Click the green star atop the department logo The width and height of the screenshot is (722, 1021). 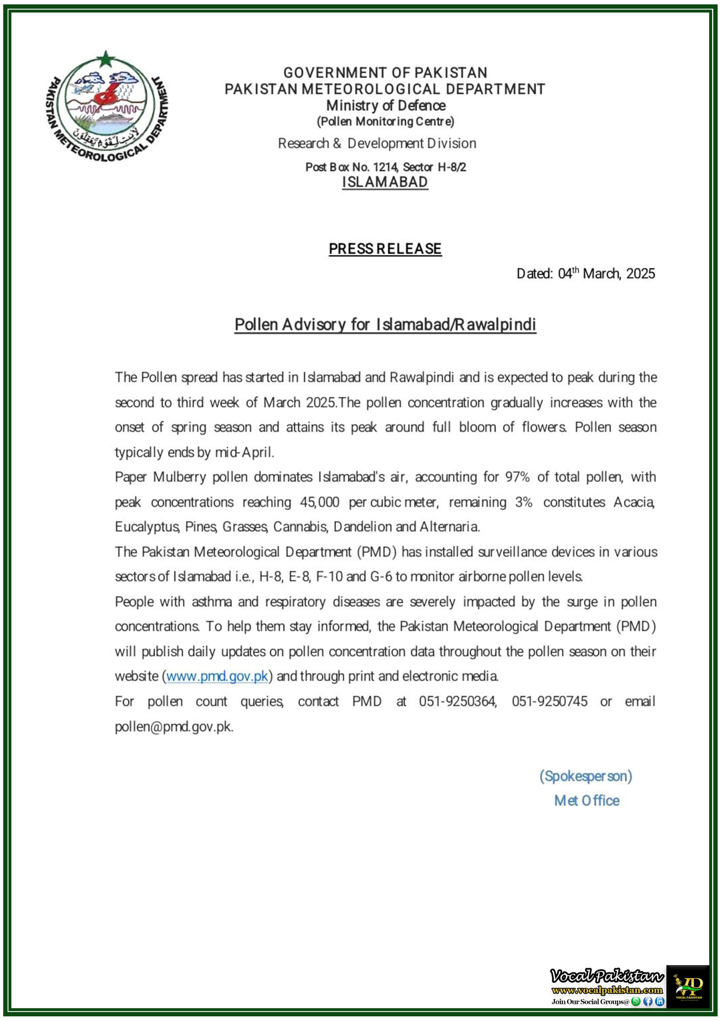[106, 59]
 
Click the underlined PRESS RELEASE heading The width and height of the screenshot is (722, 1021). [385, 248]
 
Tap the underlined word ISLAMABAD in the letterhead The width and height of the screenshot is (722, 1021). [385, 182]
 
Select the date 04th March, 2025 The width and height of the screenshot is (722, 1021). [606, 274]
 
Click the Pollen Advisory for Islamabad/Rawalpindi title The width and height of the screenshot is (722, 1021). [385, 325]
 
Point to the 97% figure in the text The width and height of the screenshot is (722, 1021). [517, 477]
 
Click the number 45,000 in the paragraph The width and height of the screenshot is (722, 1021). [319, 502]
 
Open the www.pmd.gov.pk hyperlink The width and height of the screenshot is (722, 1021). [217, 676]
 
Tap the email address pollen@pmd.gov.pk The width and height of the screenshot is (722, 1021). [174, 727]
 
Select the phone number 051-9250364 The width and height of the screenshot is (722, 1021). [457, 702]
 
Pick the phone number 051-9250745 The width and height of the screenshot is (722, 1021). [549, 702]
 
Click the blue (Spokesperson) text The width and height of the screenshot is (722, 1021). [586, 777]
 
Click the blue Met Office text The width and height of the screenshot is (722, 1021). [586, 801]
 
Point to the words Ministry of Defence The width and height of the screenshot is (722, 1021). [386, 105]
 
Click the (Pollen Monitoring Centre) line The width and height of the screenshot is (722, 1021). [385, 121]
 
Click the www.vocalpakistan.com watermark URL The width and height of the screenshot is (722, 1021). [607, 990]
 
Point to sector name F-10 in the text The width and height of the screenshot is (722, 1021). [329, 577]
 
